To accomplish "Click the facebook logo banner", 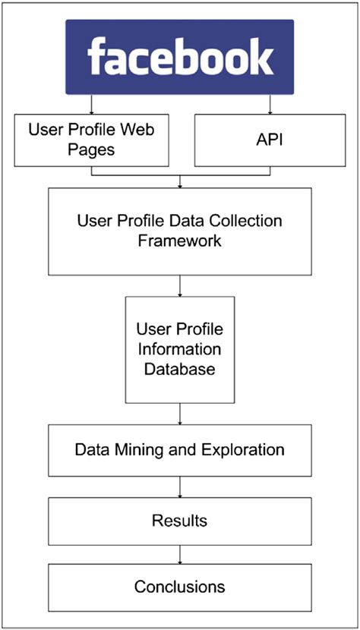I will point(179,58).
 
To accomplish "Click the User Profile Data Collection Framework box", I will point(179,231).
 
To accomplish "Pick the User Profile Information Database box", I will point(179,349).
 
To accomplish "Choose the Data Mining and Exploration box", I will point(179,450).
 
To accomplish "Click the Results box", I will point(179,521).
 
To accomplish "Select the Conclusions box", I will point(179,587).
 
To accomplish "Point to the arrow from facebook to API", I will point(270,105).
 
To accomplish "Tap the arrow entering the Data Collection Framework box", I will point(180,181).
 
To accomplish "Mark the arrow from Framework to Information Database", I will point(180,285).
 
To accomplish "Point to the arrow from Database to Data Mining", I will point(180,414).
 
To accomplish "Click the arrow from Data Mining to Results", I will point(180,487).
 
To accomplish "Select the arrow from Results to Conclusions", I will point(180,553).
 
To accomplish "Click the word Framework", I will point(179,241).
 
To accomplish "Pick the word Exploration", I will point(242,450).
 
